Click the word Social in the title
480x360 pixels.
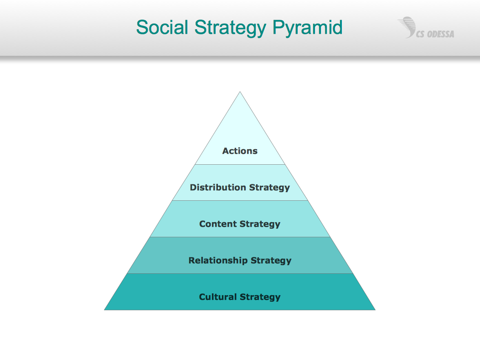click(x=162, y=27)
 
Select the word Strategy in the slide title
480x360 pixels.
click(x=230, y=28)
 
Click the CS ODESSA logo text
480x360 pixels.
click(x=435, y=34)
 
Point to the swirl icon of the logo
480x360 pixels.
click(x=407, y=27)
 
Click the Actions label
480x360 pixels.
click(x=240, y=151)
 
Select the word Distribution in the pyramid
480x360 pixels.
click(x=218, y=187)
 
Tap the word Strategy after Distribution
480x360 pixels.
click(x=269, y=188)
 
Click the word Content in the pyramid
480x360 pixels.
click(x=218, y=224)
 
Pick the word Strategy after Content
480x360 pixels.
click(x=260, y=224)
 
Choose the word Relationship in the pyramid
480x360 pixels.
click(x=218, y=261)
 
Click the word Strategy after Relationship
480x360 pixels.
click(x=271, y=261)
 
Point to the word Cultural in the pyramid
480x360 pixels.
click(x=218, y=297)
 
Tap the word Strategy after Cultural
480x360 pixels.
click(x=260, y=297)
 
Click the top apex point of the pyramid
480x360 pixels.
click(x=240, y=92)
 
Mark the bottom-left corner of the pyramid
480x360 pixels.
click(x=104, y=310)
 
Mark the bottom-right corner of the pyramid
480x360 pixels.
click(x=375, y=310)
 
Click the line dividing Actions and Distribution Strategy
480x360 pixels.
click(x=240, y=165)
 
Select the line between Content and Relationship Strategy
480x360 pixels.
click(x=240, y=237)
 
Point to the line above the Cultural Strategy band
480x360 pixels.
click(x=240, y=274)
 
